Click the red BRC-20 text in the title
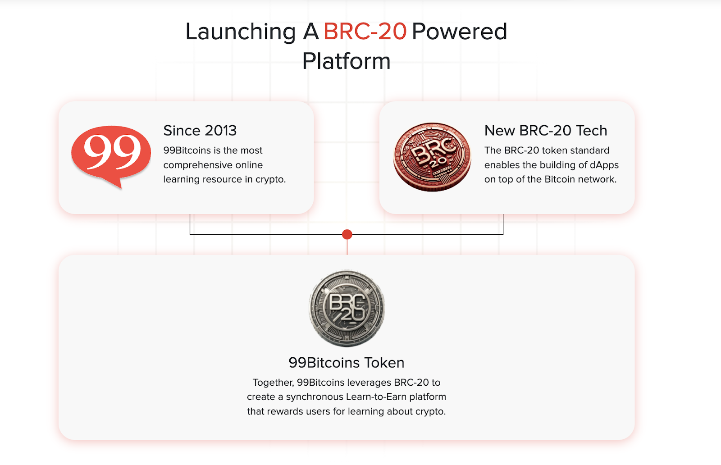(x=365, y=32)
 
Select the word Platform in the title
(x=347, y=61)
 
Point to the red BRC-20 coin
(x=432, y=157)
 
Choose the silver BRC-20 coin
(x=347, y=308)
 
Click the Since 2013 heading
(x=200, y=131)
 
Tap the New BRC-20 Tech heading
(x=546, y=131)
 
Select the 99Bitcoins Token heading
(x=347, y=363)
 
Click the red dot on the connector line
(x=347, y=234)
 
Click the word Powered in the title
(x=459, y=32)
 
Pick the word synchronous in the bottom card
(x=315, y=397)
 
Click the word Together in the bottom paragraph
(x=273, y=383)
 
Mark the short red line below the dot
(x=347, y=247)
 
